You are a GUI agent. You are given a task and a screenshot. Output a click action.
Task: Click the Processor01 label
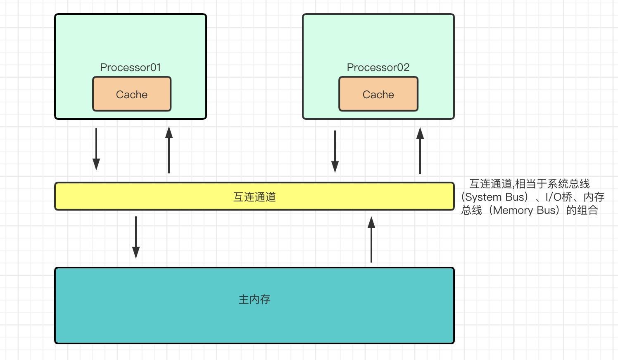click(x=130, y=67)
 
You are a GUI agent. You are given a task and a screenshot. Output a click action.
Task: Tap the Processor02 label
click(x=378, y=67)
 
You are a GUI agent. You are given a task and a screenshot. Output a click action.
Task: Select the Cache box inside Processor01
click(x=132, y=94)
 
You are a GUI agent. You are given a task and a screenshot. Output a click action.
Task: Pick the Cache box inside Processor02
click(x=378, y=94)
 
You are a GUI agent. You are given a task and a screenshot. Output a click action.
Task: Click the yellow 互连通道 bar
click(x=254, y=196)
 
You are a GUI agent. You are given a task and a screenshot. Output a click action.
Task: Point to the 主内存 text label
click(x=254, y=299)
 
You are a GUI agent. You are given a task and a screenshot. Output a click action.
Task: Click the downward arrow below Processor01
click(x=96, y=149)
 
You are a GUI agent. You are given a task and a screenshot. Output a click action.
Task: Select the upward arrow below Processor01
click(x=169, y=150)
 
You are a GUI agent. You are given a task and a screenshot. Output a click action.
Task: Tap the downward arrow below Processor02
click(x=335, y=152)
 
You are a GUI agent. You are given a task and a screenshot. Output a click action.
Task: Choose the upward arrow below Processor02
click(x=420, y=151)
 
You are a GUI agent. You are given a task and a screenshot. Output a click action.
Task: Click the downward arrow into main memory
click(x=136, y=237)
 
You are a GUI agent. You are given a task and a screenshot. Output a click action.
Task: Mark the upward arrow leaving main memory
click(x=371, y=239)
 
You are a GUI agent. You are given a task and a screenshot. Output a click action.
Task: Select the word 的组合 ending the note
click(x=582, y=210)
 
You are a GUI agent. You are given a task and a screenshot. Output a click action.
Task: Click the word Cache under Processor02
click(x=378, y=95)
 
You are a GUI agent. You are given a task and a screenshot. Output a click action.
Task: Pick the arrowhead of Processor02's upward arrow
click(x=420, y=133)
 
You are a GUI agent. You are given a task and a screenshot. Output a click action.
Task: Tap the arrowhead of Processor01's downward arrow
click(x=96, y=165)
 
